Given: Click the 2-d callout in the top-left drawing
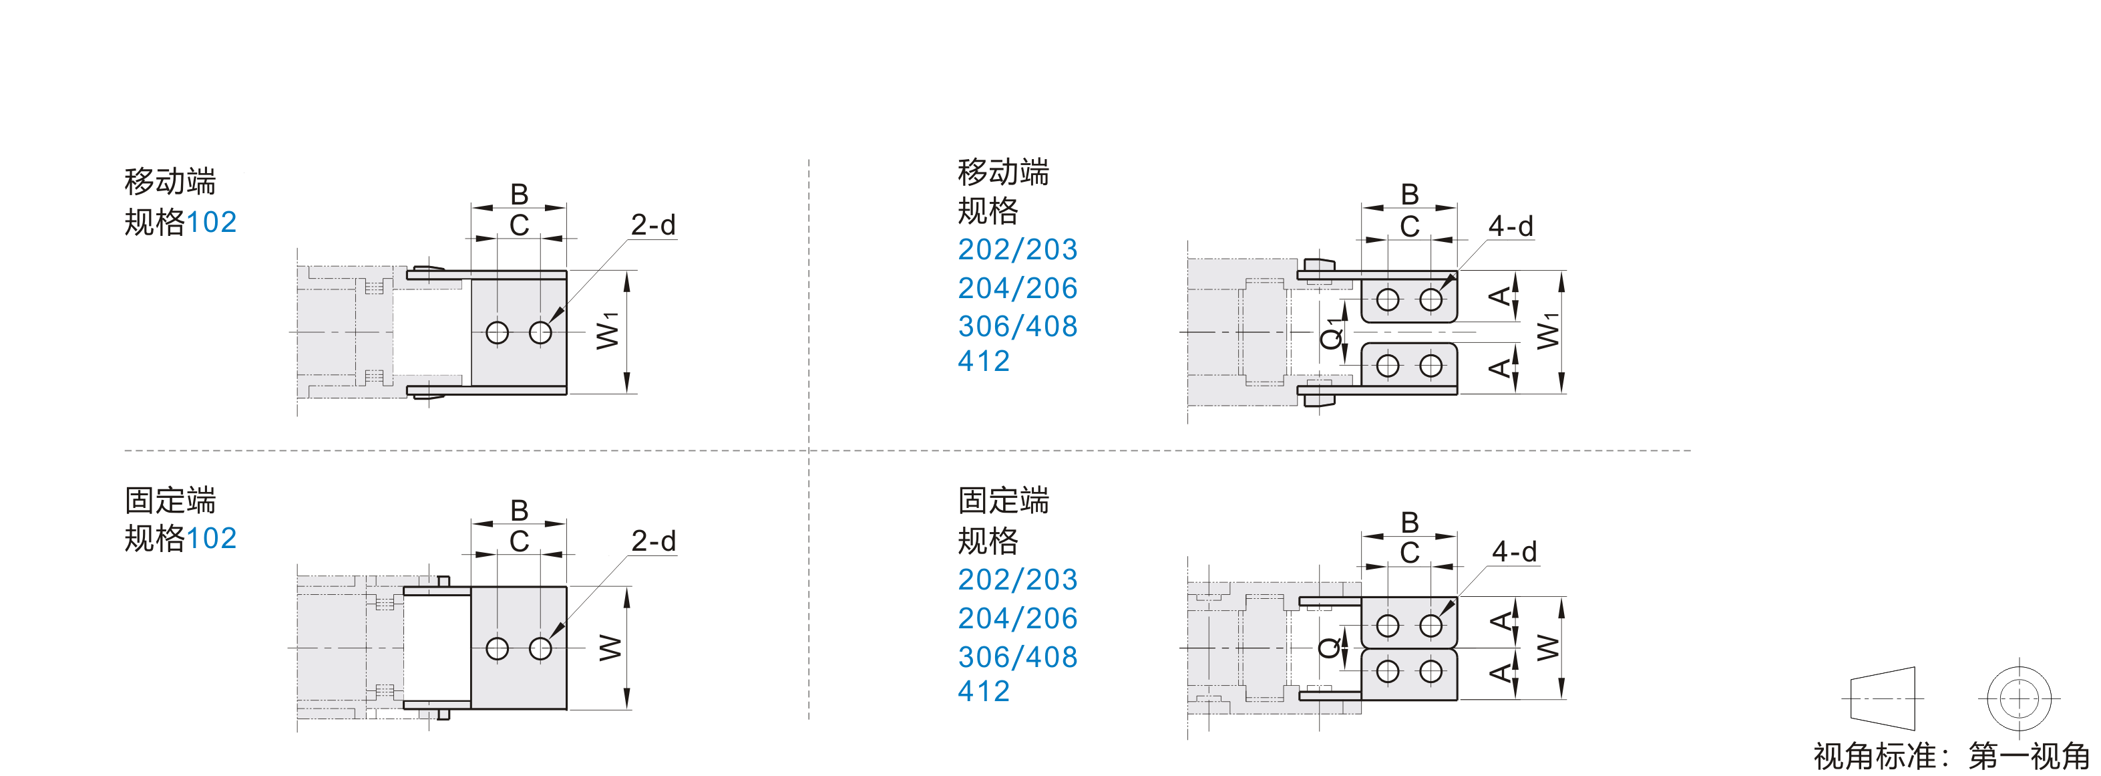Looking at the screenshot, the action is [653, 225].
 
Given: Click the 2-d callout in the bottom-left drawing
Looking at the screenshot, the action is [653, 540].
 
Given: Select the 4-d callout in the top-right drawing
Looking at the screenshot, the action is [1511, 226].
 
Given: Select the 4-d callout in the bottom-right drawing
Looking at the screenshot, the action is [1514, 551].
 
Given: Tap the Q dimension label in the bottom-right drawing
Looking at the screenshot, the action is [1330, 648].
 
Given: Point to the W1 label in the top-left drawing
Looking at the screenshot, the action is [608, 330].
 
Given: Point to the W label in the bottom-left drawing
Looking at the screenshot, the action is [609, 648].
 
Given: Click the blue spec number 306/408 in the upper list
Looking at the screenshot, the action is [1018, 326].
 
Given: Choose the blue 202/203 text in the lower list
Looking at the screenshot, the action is [1018, 579].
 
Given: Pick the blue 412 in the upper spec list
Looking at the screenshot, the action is [984, 361].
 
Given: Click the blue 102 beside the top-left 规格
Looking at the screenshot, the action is [211, 222].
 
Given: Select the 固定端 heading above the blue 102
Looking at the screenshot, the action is [170, 500].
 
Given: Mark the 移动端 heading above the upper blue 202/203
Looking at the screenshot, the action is [1003, 172].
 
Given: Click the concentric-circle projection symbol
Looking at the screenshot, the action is [2019, 698].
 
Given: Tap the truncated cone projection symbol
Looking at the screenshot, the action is [1883, 698].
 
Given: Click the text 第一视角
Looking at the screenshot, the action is [2030, 757].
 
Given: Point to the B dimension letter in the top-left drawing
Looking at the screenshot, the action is [519, 195].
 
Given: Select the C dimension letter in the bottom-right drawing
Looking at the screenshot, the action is [1409, 552].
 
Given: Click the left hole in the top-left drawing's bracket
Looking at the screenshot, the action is [497, 333].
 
